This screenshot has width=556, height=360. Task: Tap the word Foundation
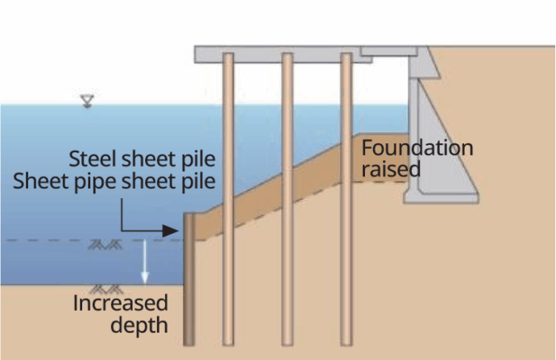click(417, 148)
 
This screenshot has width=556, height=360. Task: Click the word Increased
click(121, 304)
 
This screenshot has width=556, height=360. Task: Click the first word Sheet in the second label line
click(39, 180)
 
